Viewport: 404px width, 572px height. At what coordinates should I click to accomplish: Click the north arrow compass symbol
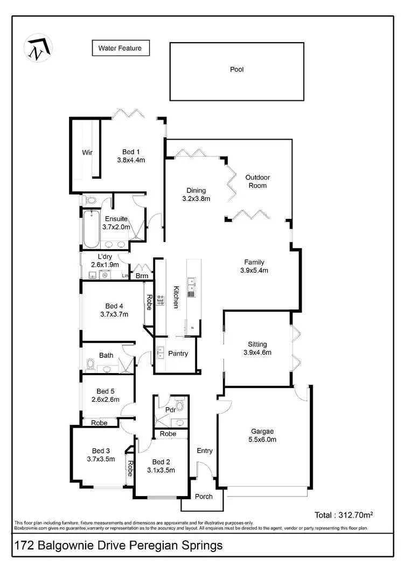coord(37,49)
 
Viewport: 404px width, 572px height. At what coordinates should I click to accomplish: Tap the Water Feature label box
coord(120,49)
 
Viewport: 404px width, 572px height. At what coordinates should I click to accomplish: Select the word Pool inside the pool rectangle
coord(237,70)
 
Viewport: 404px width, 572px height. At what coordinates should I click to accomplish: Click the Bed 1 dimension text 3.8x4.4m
coord(131,160)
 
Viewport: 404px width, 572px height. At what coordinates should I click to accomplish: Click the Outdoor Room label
coord(257,182)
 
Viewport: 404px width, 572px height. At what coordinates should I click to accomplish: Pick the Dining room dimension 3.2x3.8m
coord(196,198)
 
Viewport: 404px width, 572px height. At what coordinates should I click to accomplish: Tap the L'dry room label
coord(105,257)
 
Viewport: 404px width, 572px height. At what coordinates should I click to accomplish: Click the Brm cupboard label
coord(142,276)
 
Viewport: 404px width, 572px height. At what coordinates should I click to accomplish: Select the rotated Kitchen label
coord(176,297)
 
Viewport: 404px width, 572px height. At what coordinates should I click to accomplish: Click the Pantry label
coord(178,354)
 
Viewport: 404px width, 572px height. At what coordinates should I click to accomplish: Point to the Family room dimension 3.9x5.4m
coord(254,271)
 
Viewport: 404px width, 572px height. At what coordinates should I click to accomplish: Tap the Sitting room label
coord(257,344)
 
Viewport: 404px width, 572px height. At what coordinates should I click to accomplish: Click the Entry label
coord(205,451)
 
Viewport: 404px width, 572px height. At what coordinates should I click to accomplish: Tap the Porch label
coord(204,497)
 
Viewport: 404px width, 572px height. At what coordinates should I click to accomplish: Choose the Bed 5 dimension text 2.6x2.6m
coord(105,399)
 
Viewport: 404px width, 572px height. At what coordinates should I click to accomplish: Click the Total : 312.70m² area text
coord(344,515)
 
